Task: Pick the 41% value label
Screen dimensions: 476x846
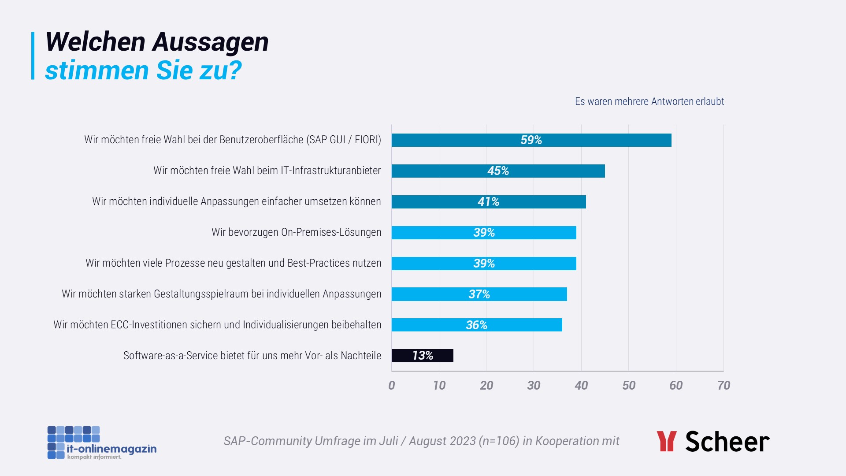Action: pyautogui.click(x=488, y=202)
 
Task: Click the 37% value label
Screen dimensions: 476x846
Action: pyautogui.click(x=479, y=294)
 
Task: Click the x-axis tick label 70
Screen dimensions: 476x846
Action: pyautogui.click(x=724, y=386)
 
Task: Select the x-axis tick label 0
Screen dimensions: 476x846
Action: pyautogui.click(x=392, y=386)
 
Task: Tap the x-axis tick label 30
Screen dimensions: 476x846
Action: pyautogui.click(x=534, y=386)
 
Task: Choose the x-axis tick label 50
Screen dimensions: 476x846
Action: pyautogui.click(x=629, y=386)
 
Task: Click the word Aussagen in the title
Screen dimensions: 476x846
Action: pyautogui.click(x=210, y=42)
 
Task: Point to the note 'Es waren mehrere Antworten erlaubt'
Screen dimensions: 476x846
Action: pyautogui.click(x=649, y=101)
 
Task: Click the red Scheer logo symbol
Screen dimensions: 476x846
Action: pyautogui.click(x=666, y=441)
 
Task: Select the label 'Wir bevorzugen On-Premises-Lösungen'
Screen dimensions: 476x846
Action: pyautogui.click(x=296, y=232)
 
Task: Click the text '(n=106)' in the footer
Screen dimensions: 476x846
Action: pyautogui.click(x=499, y=441)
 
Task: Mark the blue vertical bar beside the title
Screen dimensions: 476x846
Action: pyautogui.click(x=33, y=56)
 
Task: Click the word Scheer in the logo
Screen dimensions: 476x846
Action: pyautogui.click(x=727, y=442)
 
